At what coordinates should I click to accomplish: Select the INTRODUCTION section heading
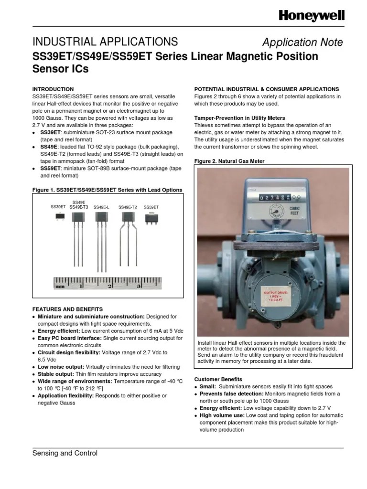click(53, 89)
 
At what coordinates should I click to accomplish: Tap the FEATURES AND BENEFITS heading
click(67, 309)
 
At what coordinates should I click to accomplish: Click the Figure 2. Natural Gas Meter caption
click(229, 161)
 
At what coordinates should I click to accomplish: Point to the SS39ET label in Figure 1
click(58, 207)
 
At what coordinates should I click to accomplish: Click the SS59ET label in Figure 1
click(151, 207)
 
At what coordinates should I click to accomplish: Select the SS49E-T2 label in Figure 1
click(128, 207)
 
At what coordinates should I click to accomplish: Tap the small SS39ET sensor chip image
click(59, 217)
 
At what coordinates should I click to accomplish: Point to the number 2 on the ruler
click(110, 286)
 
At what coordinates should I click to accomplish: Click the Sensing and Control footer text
click(65, 453)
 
